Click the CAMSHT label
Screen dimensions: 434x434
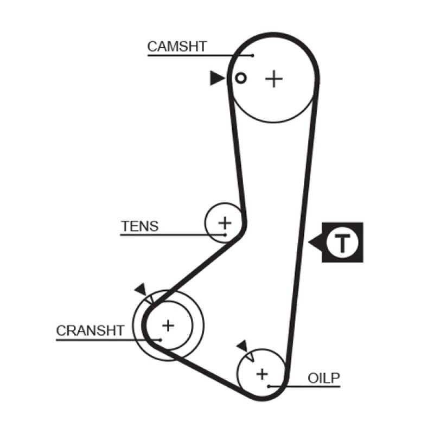(177, 47)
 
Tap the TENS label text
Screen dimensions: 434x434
(140, 226)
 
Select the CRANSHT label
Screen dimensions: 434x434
(90, 330)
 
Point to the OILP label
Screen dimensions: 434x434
(324, 377)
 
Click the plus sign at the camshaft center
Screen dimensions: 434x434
(274, 79)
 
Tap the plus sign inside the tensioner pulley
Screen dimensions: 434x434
(224, 222)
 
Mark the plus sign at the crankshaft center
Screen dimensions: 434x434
(168, 325)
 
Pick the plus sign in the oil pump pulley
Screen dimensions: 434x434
(263, 373)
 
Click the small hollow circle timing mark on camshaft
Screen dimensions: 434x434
(241, 78)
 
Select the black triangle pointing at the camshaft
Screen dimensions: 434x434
(217, 78)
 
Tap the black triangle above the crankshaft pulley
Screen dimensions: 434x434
(141, 289)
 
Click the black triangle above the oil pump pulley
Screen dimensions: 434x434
(242, 346)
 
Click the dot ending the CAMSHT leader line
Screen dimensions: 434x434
(253, 55)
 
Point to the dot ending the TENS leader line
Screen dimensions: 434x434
(225, 234)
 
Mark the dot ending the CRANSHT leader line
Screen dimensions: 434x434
(161, 340)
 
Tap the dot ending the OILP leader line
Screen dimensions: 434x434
(269, 386)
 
